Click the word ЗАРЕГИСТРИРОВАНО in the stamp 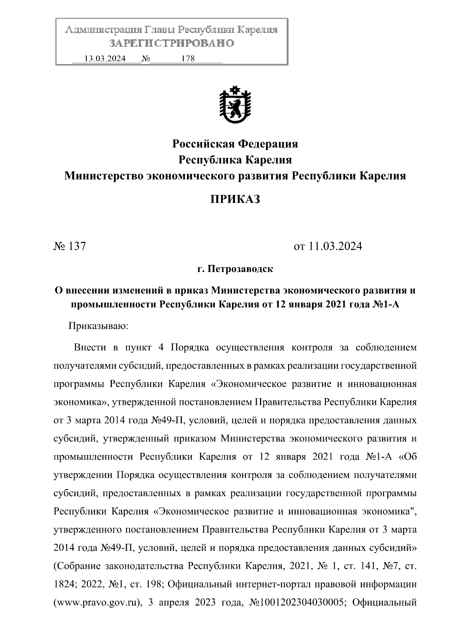pos(171,43)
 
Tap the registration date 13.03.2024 pos(105,59)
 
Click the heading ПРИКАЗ pos(235,199)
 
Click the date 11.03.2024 pos(335,246)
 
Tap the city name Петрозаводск pos(240,269)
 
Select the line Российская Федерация pos(235,143)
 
